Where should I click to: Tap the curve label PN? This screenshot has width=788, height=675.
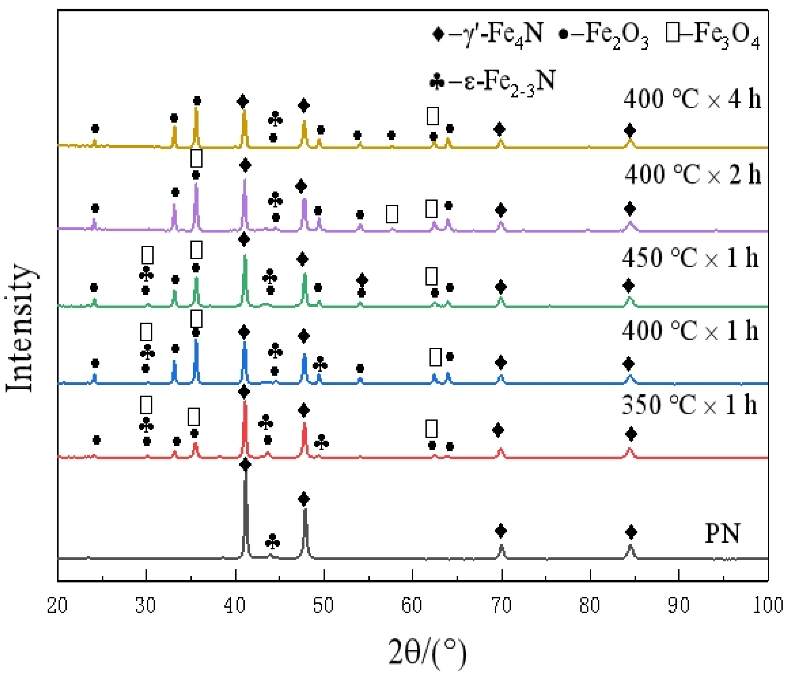tap(722, 533)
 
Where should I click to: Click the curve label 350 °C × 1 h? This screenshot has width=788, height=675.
tap(690, 405)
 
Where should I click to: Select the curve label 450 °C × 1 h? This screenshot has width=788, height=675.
tap(690, 258)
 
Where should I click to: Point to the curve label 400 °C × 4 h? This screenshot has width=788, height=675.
tap(692, 99)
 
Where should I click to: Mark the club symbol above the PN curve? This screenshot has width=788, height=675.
tap(272, 542)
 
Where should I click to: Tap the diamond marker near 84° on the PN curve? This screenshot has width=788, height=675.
tap(631, 532)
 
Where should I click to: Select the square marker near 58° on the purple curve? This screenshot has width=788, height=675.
tap(392, 214)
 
